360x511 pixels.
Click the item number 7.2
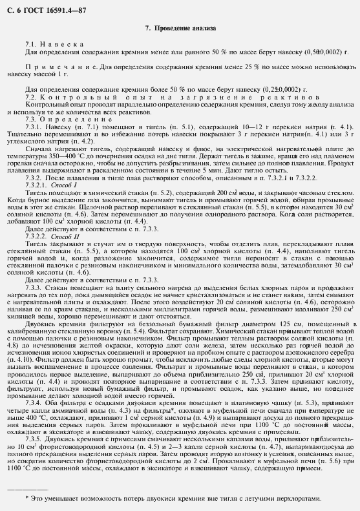[31, 96]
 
